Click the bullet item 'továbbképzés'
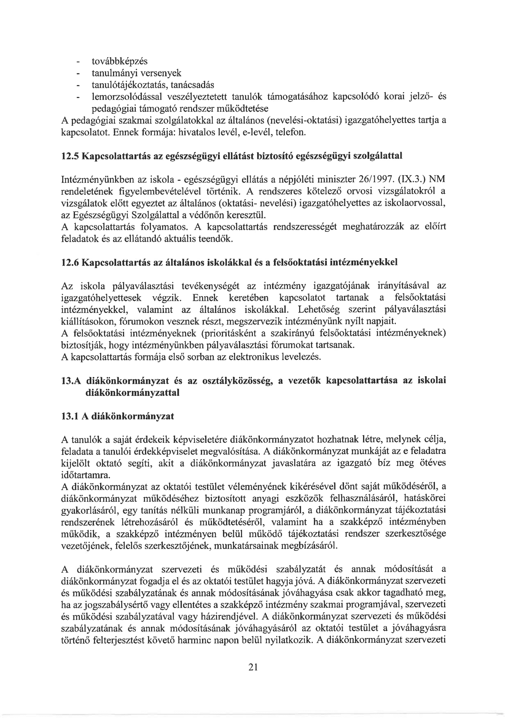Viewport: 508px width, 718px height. [x=119, y=61]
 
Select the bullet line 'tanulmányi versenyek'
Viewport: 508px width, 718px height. [x=136, y=73]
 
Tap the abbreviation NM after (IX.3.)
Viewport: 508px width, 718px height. [x=437, y=179]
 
